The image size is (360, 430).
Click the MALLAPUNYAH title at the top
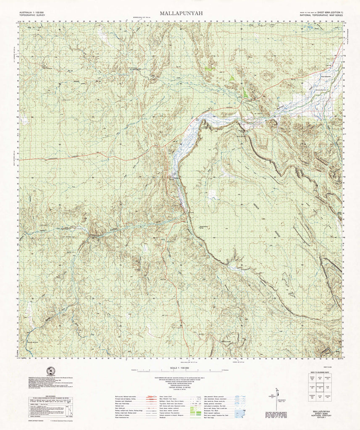click(x=181, y=13)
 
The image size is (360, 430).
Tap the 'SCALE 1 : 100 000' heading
click(x=179, y=367)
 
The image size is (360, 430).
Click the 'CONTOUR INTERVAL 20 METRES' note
click(x=179, y=386)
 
